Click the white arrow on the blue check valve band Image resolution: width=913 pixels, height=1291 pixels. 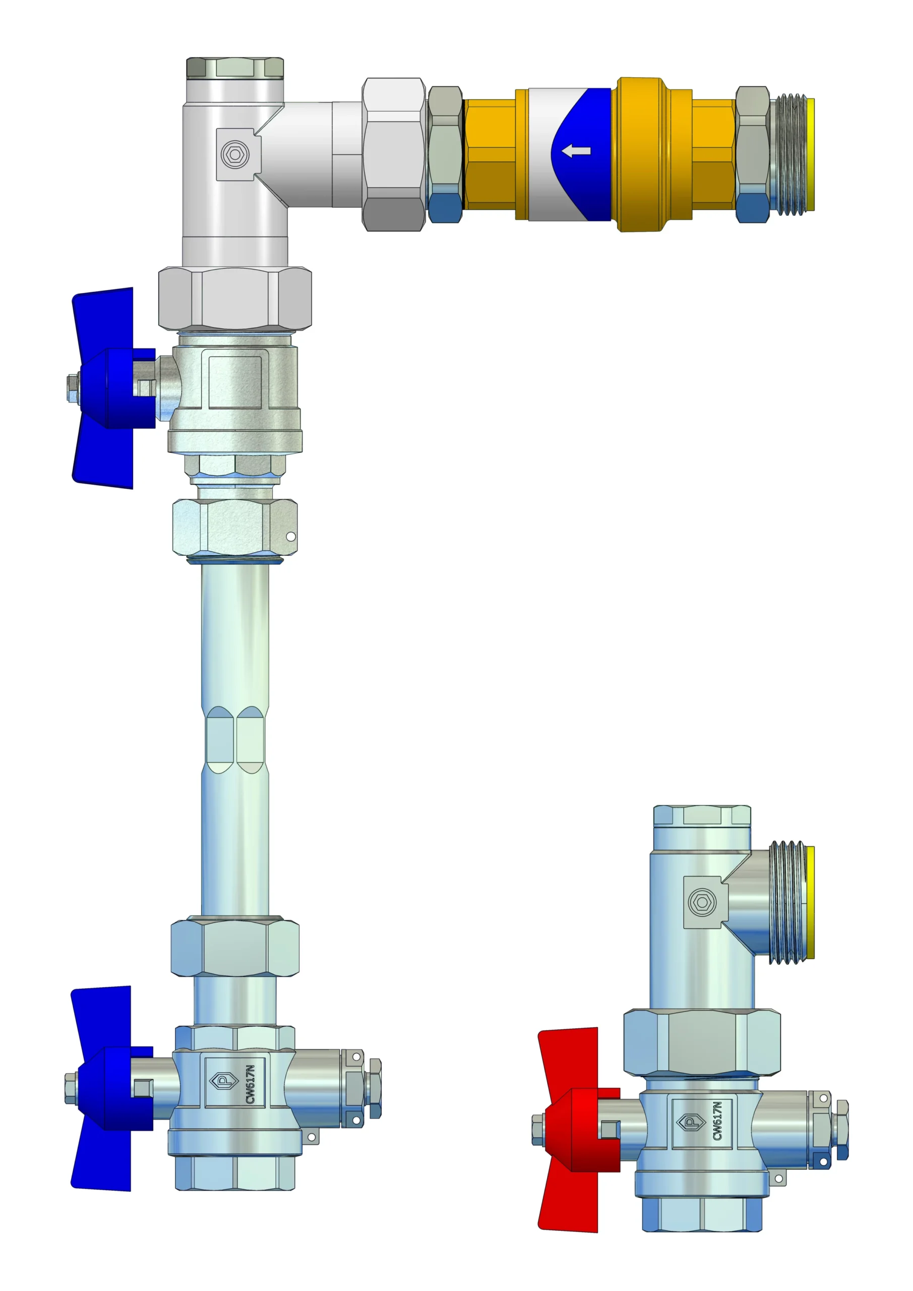coord(576,151)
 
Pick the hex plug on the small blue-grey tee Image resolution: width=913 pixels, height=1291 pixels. coord(702,903)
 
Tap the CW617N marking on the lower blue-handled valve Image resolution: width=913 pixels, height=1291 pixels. coord(251,1084)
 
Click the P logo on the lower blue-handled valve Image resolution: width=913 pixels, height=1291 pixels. coord(224,1081)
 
